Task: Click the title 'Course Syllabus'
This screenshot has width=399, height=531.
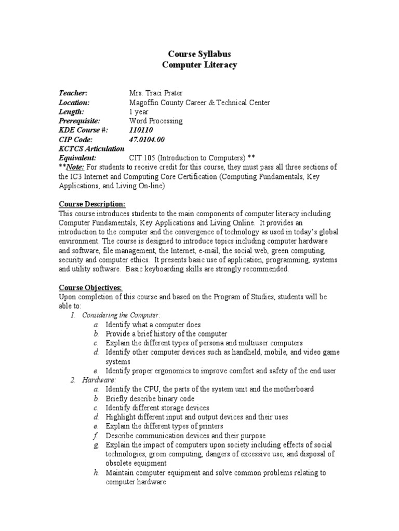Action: [x=199, y=54]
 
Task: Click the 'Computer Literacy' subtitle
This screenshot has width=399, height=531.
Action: [x=199, y=65]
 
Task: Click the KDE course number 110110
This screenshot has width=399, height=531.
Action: [x=141, y=130]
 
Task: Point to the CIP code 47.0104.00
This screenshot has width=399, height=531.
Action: [x=147, y=139]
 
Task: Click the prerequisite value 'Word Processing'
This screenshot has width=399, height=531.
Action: [x=155, y=121]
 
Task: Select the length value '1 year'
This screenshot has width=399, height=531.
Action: [x=138, y=111]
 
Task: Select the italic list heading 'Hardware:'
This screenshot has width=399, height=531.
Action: [x=99, y=380]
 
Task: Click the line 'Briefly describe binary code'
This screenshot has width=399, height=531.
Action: [x=150, y=399]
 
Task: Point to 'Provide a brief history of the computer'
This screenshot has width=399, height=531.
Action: [x=166, y=334]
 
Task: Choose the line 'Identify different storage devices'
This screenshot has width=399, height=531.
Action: [x=157, y=408]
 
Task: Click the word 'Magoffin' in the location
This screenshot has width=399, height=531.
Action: [x=143, y=102]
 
